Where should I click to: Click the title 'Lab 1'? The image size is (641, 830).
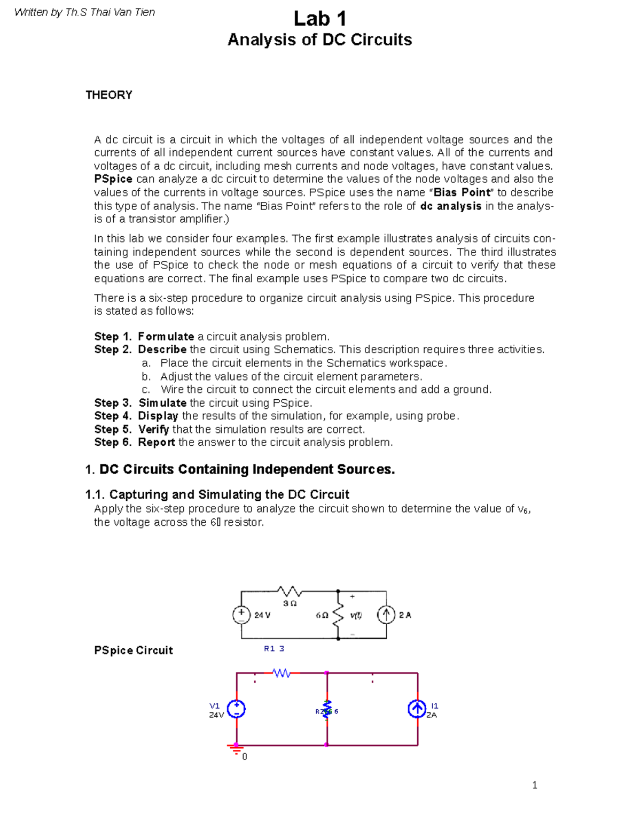[319, 19]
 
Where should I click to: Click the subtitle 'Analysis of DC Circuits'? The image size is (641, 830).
[319, 40]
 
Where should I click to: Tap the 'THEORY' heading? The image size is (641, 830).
[109, 95]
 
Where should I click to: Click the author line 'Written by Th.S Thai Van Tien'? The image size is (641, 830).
[84, 12]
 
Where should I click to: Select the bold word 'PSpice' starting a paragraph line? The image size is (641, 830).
[113, 179]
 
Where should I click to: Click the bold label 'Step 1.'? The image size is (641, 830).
[113, 337]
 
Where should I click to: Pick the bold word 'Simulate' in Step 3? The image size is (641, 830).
[162, 403]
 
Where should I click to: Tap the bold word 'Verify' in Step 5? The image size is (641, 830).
[153, 430]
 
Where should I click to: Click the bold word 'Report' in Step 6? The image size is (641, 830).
[156, 443]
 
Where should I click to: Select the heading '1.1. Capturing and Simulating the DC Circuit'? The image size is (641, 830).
[217, 495]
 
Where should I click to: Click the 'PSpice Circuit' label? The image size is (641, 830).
[134, 650]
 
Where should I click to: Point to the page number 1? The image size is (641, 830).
[535, 785]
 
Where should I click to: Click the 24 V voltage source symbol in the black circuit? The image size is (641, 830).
[241, 615]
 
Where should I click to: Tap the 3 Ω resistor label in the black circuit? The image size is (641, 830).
[290, 603]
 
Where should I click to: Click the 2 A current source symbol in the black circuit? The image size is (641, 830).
[386, 615]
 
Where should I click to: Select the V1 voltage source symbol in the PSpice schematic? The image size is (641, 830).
[237, 709]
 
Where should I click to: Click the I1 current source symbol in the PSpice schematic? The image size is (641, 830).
[417, 709]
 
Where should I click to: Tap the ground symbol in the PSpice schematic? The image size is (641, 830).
[236, 749]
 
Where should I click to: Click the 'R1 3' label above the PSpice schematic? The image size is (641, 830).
[274, 649]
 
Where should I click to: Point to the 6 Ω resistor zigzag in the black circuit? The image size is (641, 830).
[338, 615]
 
